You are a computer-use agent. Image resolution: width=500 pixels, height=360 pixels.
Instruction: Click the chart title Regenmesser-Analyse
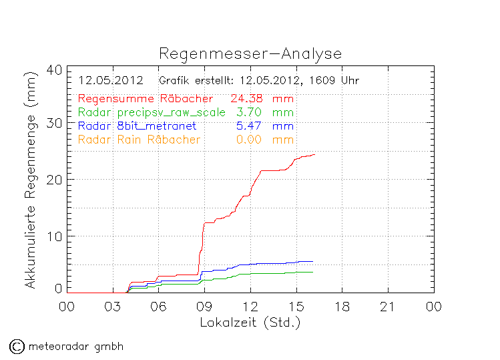tap(250, 54)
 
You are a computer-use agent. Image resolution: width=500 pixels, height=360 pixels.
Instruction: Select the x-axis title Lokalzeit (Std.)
tap(250, 322)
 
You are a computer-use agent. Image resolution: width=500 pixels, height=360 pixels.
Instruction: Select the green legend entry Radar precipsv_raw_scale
tap(152, 112)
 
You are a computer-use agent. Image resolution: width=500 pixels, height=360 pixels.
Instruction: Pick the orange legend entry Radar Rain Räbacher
tap(139, 140)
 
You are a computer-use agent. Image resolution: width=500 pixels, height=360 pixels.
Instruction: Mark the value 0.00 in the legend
tap(248, 140)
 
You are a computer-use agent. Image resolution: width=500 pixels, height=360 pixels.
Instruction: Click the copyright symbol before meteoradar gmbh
tap(16, 347)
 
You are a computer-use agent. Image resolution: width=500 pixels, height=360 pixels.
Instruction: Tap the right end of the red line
tap(314, 154)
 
